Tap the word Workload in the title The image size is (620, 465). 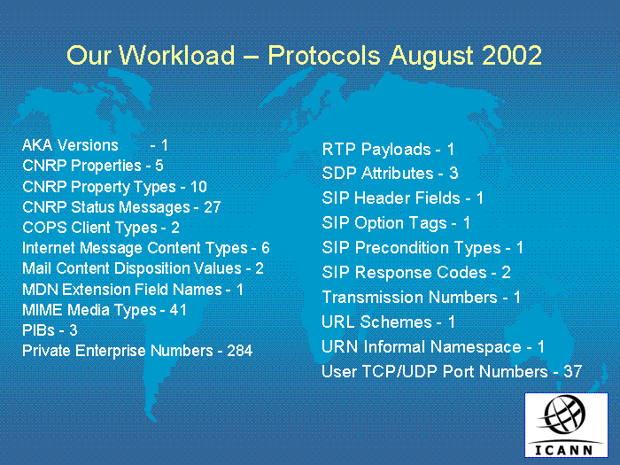pyautogui.click(x=177, y=55)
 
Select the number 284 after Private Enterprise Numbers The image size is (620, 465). pyautogui.click(x=240, y=351)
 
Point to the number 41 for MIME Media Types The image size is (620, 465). pyautogui.click(x=178, y=310)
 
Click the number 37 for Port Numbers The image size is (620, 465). pyautogui.click(x=572, y=371)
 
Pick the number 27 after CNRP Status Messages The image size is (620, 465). pyautogui.click(x=212, y=207)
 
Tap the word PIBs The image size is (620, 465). pyautogui.click(x=38, y=330)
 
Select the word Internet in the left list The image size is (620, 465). pyautogui.click(x=49, y=248)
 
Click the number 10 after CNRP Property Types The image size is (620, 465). pyautogui.click(x=198, y=187)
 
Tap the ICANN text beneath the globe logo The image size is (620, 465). pyautogui.click(x=564, y=450)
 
